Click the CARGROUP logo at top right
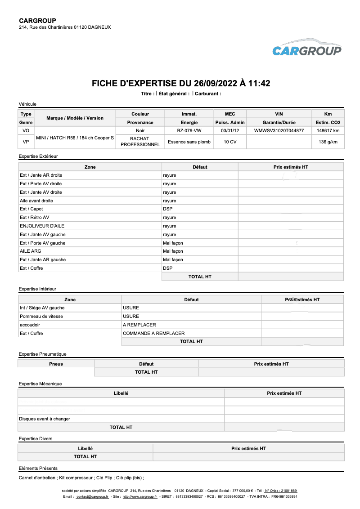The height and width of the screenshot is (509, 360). point(307,48)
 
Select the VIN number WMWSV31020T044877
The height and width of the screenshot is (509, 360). point(279,131)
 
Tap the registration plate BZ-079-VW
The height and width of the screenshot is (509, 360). point(189,131)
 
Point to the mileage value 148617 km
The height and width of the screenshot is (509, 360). point(328,131)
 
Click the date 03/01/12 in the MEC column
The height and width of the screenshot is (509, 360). point(230,131)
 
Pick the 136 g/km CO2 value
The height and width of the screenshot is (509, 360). point(328,142)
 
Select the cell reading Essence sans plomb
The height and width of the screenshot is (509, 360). point(189,142)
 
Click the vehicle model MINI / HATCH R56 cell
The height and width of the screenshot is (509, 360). point(75,138)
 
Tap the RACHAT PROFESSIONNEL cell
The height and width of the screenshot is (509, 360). point(140,142)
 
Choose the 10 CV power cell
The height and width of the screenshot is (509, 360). point(230,142)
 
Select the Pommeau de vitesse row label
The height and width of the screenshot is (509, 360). point(41,317)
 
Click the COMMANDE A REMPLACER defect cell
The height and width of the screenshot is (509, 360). point(154,334)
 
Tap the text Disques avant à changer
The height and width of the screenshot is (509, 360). point(45,419)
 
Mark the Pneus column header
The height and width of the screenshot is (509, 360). point(56,364)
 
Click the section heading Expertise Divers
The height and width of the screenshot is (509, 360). point(36,438)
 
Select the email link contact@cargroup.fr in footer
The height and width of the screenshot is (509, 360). point(93,497)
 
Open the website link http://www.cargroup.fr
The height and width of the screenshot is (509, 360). point(139,497)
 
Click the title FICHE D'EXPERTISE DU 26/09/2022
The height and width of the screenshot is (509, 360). point(181,84)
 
